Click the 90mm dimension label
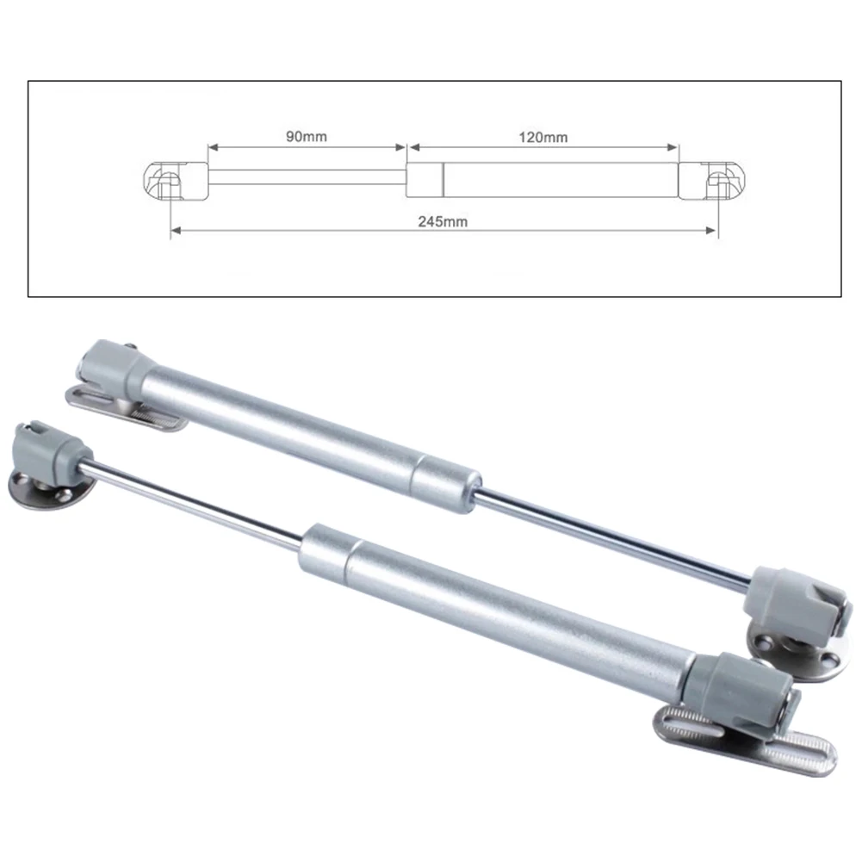click(x=307, y=136)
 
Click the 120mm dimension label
click(x=543, y=138)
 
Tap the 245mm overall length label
click(x=443, y=221)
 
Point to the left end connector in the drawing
click(x=176, y=180)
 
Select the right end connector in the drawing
click(x=712, y=180)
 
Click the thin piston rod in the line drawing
click(x=307, y=177)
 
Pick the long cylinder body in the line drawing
click(x=542, y=180)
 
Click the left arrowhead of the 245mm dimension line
click(x=176, y=230)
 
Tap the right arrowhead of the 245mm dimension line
click(x=710, y=230)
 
